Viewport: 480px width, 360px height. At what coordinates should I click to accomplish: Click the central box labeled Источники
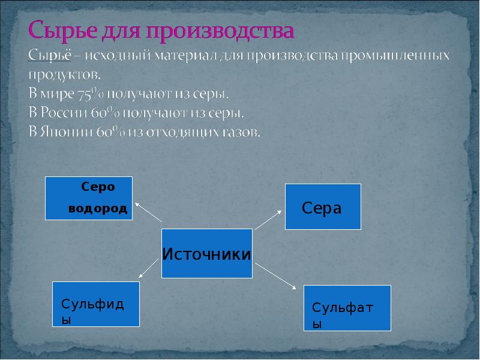tap(206, 253)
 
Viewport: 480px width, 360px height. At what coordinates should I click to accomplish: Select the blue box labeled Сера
tap(323, 206)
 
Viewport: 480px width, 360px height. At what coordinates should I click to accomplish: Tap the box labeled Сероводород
tap(89, 198)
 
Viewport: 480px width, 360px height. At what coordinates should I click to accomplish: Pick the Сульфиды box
tap(96, 304)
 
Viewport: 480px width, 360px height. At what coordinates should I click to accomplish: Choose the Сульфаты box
tap(347, 308)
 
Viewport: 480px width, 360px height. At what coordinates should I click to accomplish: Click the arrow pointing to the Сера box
tap(269, 219)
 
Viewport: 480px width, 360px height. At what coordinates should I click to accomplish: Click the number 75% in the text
tap(89, 94)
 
